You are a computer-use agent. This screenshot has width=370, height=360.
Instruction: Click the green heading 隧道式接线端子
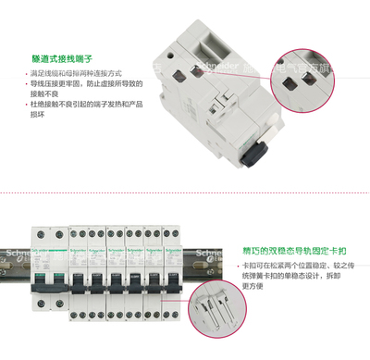[x=60, y=57]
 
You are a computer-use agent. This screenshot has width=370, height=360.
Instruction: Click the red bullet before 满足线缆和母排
[x=30, y=72]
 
